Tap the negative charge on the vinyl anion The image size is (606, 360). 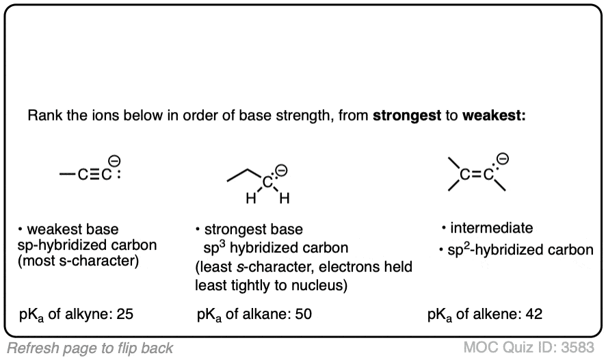coord(503,159)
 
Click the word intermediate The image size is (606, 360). coord(491,228)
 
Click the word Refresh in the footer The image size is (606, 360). coord(29,347)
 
